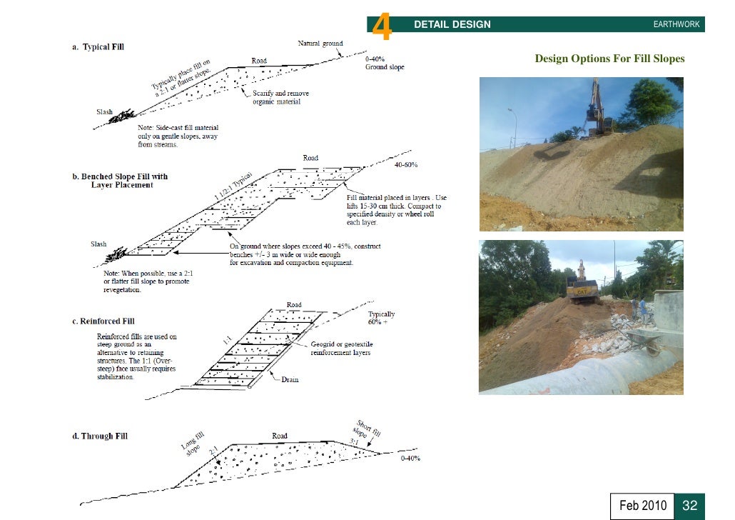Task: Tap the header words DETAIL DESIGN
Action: (x=452, y=24)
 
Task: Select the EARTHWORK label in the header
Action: (x=676, y=25)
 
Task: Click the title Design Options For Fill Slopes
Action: (x=609, y=59)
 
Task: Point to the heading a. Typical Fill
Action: (x=98, y=47)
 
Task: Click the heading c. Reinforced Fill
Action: (x=103, y=321)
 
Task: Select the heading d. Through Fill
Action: (x=99, y=436)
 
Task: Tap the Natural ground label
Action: (x=320, y=44)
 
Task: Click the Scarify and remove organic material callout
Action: (x=280, y=98)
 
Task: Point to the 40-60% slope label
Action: (x=406, y=165)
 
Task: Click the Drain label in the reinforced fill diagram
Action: (x=290, y=379)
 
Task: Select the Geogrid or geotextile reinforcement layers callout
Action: (x=342, y=349)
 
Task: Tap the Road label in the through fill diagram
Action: (x=280, y=436)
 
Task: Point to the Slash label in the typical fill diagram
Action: (x=105, y=112)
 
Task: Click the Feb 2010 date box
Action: (x=642, y=506)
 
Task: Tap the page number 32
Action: (x=689, y=506)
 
